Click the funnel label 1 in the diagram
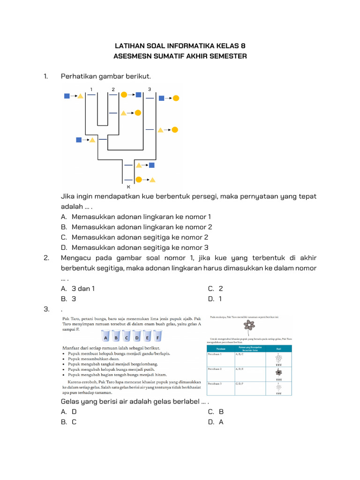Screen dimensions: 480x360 (91, 89)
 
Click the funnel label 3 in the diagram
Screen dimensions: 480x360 (149, 89)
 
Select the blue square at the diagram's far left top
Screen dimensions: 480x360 (67, 96)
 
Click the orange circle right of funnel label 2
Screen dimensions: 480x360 (124, 94)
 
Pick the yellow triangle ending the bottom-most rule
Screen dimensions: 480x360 (152, 179)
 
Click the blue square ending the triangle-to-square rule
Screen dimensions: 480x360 (152, 165)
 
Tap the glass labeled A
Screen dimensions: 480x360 (106, 337)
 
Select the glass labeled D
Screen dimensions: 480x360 (137, 337)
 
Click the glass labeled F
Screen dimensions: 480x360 (158, 337)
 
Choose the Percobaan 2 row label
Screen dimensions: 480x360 (216, 369)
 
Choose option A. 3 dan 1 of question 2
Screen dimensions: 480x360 (78, 289)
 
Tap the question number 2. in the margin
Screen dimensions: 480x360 (46, 258)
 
